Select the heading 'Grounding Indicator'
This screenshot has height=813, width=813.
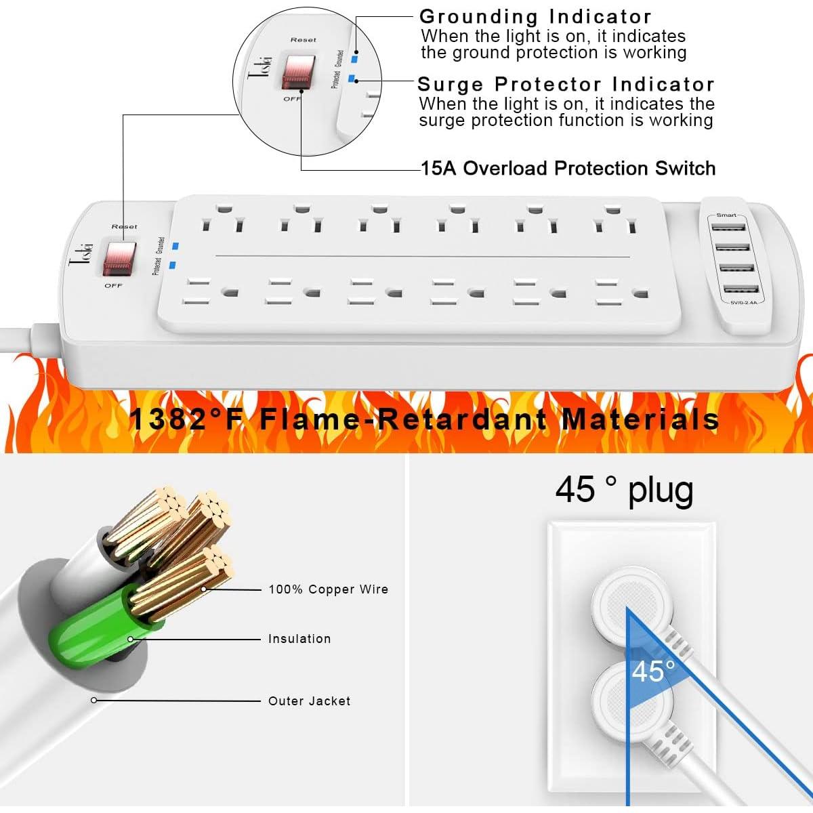tap(535, 16)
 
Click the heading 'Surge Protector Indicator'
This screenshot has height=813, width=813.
tap(566, 84)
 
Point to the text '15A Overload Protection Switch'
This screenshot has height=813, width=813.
tap(568, 168)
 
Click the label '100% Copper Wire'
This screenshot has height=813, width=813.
tap(329, 589)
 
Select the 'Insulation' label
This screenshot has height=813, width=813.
tap(299, 639)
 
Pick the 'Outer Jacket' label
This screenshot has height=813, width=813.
tap(310, 701)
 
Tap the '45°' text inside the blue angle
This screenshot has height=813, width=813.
tap(653, 671)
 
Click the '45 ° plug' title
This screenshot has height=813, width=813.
tap(624, 489)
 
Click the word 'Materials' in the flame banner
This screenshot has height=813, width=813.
tap(640, 419)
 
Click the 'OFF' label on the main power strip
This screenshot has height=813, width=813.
tap(113, 286)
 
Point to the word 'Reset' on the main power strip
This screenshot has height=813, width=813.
tap(124, 226)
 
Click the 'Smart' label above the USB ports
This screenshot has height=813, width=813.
tap(726, 215)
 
